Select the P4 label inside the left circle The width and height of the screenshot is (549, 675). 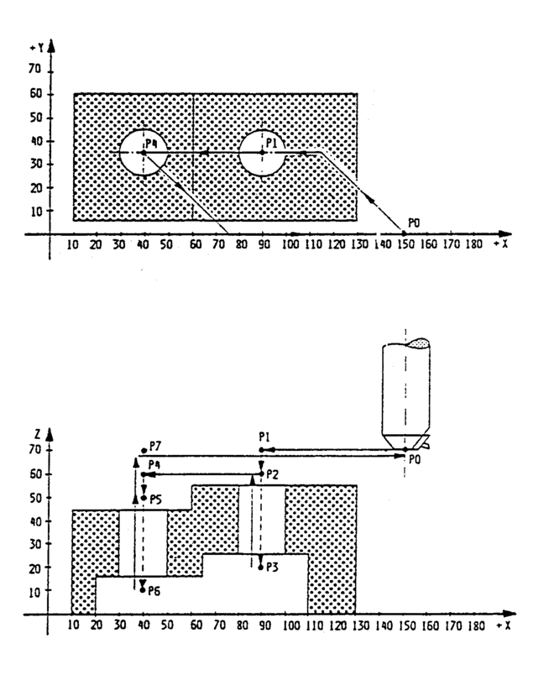(151, 144)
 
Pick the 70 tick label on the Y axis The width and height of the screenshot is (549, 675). (35, 70)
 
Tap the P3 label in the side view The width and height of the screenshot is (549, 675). (273, 567)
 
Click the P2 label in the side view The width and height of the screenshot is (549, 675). (273, 474)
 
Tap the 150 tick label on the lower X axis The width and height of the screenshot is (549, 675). (404, 626)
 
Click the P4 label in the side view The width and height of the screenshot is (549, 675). (154, 464)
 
